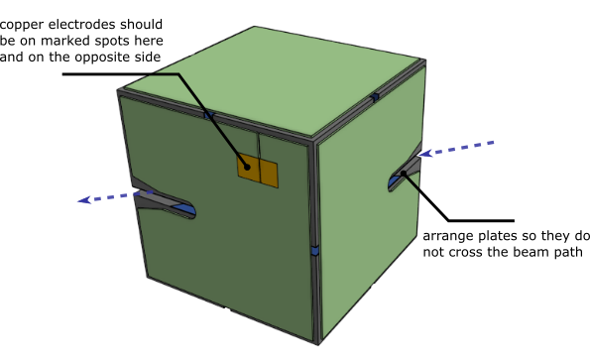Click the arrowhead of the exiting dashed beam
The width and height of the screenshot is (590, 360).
[x=84, y=200]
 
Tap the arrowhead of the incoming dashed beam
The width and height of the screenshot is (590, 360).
[x=424, y=154]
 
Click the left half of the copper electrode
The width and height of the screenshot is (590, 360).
[x=249, y=168]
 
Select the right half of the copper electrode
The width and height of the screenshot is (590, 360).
[x=269, y=174]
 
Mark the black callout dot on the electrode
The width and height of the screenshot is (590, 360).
[x=247, y=167]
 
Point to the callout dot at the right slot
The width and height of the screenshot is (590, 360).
[x=404, y=174]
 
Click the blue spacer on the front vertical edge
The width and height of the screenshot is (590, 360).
[x=315, y=250]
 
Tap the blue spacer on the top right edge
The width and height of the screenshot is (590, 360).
[x=375, y=97]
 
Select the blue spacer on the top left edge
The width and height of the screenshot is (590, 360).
[x=209, y=115]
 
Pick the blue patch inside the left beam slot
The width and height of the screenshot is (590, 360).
[x=185, y=209]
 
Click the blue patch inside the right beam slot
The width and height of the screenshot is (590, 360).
[x=395, y=181]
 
